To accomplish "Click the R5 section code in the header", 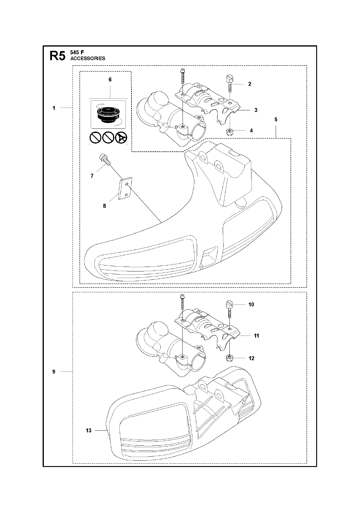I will click(57, 56).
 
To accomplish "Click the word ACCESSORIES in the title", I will click(88, 59).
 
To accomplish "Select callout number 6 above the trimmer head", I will click(110, 79).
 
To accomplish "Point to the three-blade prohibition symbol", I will click(122, 138).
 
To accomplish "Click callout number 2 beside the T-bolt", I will click(250, 84).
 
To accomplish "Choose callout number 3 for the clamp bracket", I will click(256, 110).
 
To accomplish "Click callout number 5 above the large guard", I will click(276, 119).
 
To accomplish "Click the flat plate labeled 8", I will click(125, 189).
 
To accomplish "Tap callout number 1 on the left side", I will click(54, 108).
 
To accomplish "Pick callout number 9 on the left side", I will click(54, 371).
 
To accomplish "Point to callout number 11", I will click(256, 336).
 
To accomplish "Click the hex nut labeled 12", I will click(229, 358).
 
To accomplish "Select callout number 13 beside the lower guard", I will click(89, 430).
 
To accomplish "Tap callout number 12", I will click(251, 358).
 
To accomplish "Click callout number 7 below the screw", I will click(92, 176).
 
